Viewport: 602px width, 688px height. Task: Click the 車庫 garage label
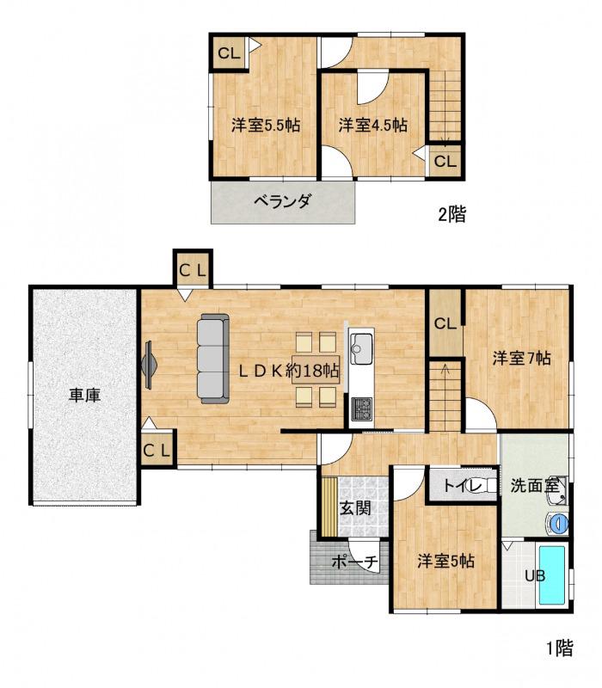click(84, 396)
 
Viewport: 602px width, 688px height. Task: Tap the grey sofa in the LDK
click(213, 359)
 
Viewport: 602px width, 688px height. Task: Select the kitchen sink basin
click(361, 349)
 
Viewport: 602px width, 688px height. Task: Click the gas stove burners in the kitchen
click(361, 409)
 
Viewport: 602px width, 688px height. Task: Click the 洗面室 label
click(534, 485)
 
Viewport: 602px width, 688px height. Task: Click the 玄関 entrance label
click(355, 508)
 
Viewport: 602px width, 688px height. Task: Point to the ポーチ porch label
click(354, 562)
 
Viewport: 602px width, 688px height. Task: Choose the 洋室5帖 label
click(445, 561)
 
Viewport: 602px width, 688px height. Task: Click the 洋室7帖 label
click(521, 358)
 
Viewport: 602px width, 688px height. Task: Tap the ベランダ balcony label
click(283, 201)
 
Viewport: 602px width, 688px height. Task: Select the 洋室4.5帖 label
click(372, 125)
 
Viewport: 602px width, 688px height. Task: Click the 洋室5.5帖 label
click(266, 126)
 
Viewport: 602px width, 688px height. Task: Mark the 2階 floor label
click(452, 213)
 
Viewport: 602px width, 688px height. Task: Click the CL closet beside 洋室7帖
click(445, 323)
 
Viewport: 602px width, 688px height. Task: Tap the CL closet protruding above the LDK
click(193, 270)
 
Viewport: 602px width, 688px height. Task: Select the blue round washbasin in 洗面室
click(558, 523)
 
